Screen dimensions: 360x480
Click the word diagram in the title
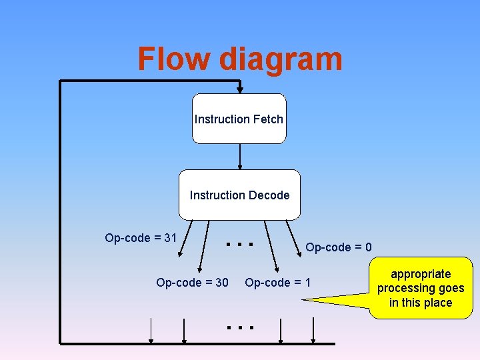[281, 60]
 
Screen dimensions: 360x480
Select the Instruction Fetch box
[239, 119]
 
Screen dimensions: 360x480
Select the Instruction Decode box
[239, 195]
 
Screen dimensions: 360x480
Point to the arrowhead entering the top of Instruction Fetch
[240, 89]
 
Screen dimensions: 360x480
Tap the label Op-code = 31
[141, 238]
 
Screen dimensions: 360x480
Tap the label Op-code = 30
[192, 283]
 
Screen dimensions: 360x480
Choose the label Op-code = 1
[277, 283]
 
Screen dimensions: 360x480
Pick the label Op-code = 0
[338, 247]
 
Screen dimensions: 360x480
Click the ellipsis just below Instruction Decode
[239, 244]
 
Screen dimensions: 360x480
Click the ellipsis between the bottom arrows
[239, 327]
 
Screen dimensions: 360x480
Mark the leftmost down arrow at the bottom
[152, 331]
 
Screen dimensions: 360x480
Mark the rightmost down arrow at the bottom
[314, 331]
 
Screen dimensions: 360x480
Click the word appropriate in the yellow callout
[421, 274]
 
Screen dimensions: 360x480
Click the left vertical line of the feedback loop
[61, 213]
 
